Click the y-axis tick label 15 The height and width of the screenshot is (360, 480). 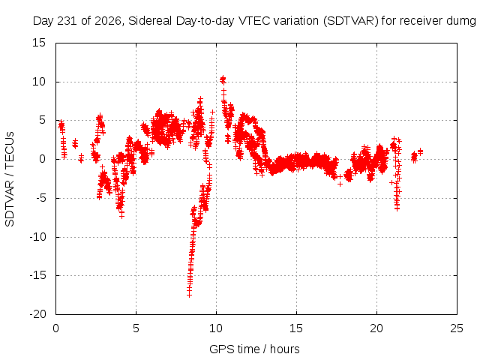[38, 43]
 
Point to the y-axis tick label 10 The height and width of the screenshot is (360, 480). [38, 82]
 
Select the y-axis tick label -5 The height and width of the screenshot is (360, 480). [40, 198]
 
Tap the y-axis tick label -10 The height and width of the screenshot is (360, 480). [37, 237]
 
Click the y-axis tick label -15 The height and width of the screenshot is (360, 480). [37, 275]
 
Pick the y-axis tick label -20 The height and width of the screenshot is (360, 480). [37, 314]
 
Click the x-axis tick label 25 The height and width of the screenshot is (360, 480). [457, 328]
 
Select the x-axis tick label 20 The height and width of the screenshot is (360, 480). [376, 328]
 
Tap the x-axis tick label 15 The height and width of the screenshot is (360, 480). [296, 328]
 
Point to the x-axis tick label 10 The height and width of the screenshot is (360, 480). [216, 328]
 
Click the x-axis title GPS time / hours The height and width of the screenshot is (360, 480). [254, 349]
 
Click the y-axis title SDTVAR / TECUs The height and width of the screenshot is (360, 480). [10, 179]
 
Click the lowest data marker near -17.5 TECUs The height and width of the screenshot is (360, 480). [189, 295]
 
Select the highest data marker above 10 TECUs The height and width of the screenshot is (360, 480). [223, 79]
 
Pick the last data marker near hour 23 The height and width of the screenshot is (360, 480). [420, 151]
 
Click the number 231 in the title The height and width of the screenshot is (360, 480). [68, 21]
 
